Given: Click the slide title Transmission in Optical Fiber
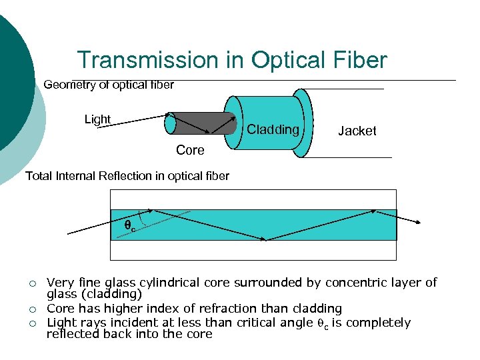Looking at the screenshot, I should tap(231, 60).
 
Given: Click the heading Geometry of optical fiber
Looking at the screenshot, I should tap(109, 85).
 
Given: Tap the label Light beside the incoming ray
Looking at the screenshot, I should tap(97, 119).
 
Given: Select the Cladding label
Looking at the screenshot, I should tap(273, 129).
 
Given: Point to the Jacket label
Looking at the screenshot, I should tap(357, 131).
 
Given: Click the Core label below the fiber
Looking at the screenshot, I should tap(190, 151).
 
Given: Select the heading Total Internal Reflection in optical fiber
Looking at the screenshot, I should tap(127, 176).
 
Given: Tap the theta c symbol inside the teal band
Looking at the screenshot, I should tap(130, 226).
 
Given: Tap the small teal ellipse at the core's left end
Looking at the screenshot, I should tap(171, 124).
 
